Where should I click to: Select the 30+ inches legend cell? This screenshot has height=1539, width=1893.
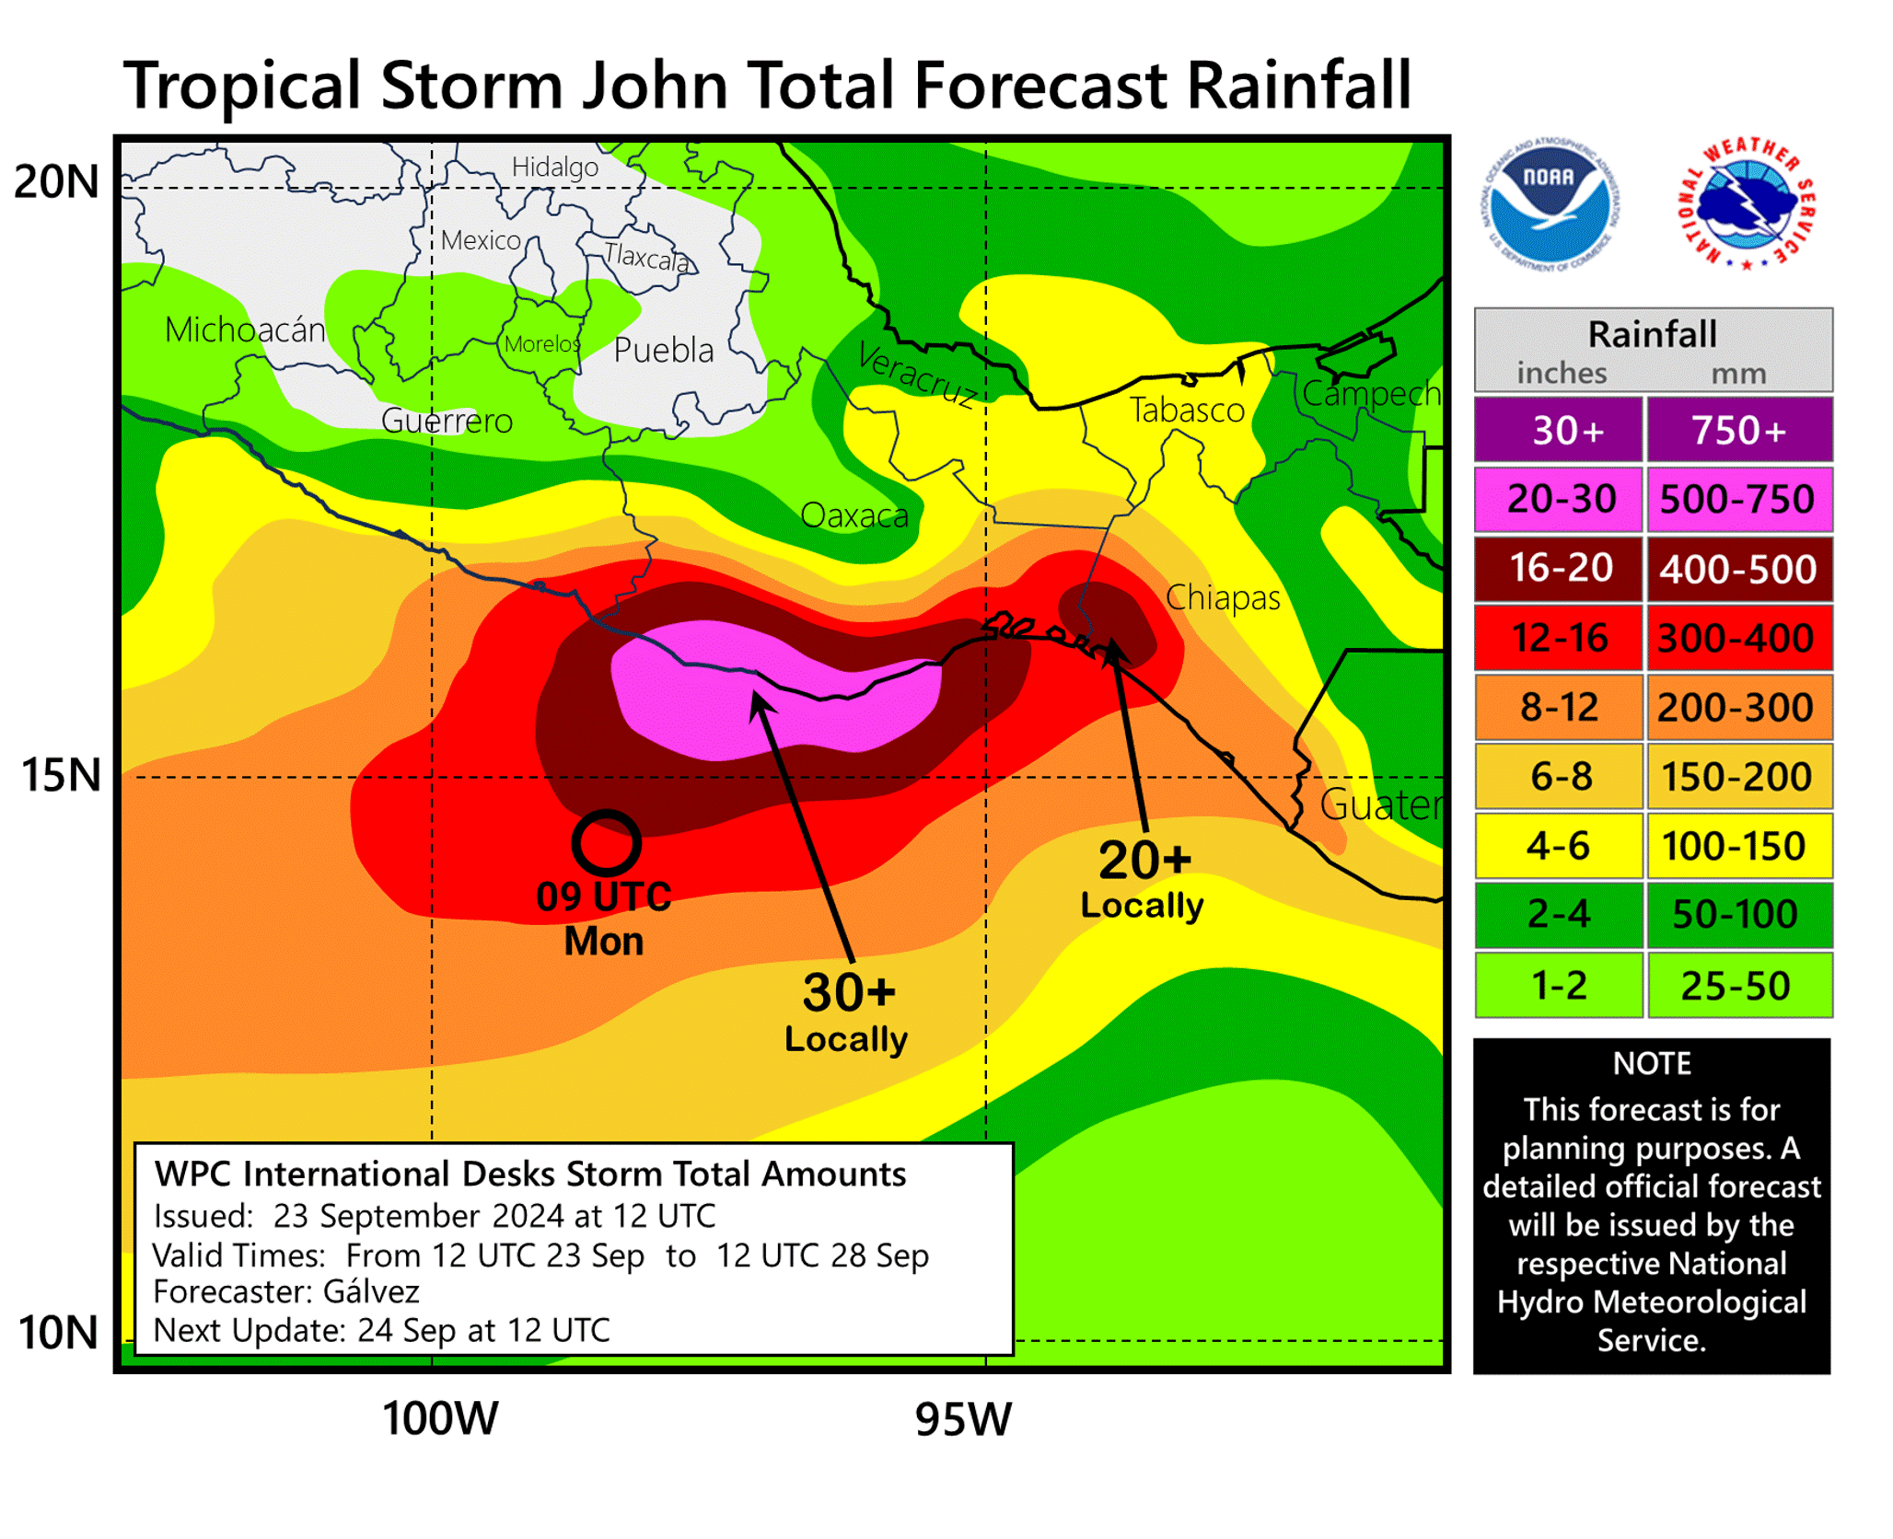pyautogui.click(x=1559, y=430)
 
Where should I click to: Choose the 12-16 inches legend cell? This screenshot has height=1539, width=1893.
pyautogui.click(x=1559, y=638)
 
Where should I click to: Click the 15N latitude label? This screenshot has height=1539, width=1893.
pyautogui.click(x=61, y=775)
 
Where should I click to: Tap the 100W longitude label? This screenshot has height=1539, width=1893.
pyautogui.click(x=440, y=1418)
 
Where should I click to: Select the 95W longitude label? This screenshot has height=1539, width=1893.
pyautogui.click(x=963, y=1418)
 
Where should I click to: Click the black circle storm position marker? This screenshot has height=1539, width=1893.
pyautogui.click(x=606, y=842)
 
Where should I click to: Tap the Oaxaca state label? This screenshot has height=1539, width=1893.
pyautogui.click(x=854, y=516)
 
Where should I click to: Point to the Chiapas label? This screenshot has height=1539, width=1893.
pyautogui.click(x=1223, y=598)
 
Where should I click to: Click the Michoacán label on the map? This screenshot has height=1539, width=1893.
pyautogui.click(x=245, y=330)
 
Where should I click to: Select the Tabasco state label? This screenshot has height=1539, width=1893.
pyautogui.click(x=1187, y=411)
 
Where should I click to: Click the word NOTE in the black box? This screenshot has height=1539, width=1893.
pyautogui.click(x=1652, y=1064)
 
